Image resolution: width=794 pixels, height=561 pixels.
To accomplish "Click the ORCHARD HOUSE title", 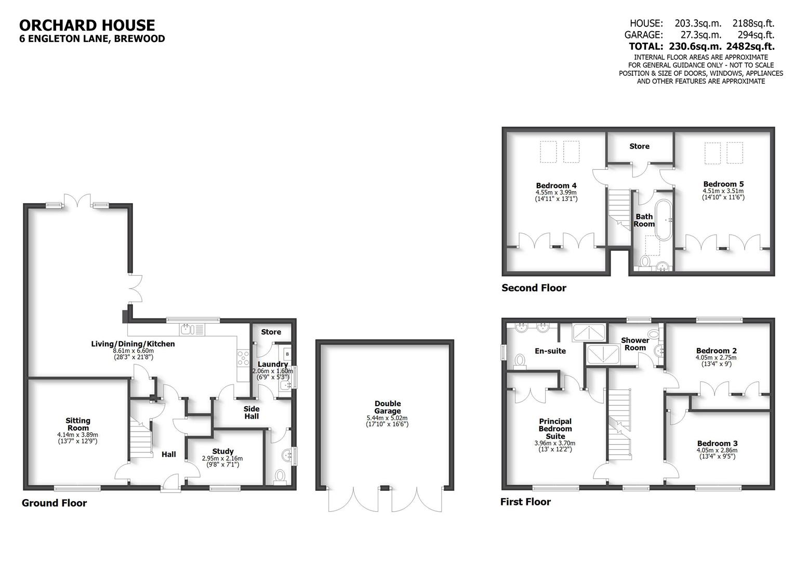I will click(x=87, y=25).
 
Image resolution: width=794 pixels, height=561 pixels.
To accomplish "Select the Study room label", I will click(x=222, y=451).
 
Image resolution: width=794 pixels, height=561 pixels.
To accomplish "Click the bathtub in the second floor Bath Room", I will click(x=664, y=219).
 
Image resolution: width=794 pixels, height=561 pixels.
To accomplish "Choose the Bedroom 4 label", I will click(x=556, y=185).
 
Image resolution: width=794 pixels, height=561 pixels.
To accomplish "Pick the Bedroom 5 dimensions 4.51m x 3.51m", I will click(x=723, y=191).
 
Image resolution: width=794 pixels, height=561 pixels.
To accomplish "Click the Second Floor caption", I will click(x=534, y=288).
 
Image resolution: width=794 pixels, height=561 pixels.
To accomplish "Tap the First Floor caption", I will click(x=525, y=502).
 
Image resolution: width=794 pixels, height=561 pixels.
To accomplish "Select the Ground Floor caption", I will click(x=54, y=503).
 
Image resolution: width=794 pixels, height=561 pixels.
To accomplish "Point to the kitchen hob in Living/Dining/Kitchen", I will click(x=243, y=358).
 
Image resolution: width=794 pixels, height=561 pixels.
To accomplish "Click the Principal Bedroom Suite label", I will click(x=555, y=429).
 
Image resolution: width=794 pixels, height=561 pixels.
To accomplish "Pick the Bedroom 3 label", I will click(x=717, y=443).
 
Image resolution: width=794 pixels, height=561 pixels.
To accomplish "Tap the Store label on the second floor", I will click(x=639, y=146).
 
